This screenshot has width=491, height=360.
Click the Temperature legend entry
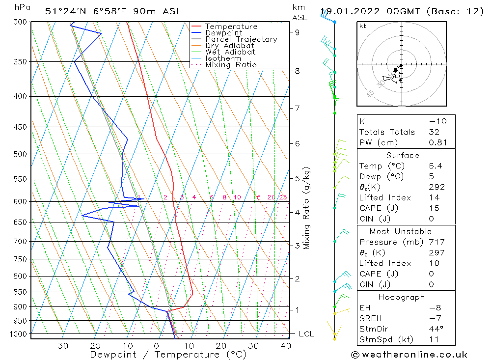(x=231, y=27)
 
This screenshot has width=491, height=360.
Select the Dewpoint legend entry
(x=224, y=33)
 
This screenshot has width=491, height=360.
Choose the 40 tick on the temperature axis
(x=286, y=346)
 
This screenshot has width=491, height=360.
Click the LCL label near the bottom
(x=306, y=334)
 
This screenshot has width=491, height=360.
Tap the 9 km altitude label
(x=297, y=32)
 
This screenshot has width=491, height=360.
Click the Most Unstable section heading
(x=401, y=231)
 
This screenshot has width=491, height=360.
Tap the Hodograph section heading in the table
(x=402, y=297)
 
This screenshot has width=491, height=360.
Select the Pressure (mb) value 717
(x=436, y=242)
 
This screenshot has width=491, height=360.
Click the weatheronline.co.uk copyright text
(x=409, y=355)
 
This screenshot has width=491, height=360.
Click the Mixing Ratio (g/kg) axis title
(x=307, y=208)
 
